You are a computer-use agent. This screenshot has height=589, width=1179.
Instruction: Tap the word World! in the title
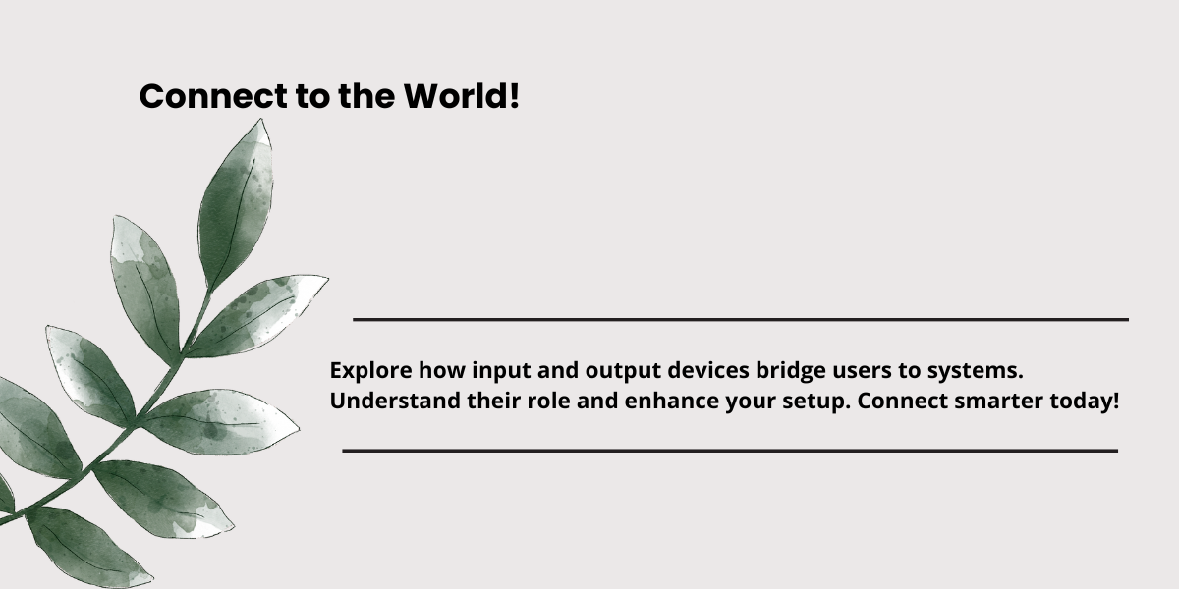coord(462,96)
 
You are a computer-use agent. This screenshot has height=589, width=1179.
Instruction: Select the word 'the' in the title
coord(366,96)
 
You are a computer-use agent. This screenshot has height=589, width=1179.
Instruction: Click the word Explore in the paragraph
coord(371,371)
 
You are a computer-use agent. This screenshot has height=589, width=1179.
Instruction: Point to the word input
coord(501,371)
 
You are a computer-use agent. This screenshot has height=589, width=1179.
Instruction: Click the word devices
coord(708,370)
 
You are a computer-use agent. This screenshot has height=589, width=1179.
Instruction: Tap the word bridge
coord(791,371)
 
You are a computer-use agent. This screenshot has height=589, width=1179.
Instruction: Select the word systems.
coord(976,371)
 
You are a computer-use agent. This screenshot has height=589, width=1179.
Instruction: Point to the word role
coord(548,401)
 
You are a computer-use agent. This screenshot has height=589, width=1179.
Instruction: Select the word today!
coord(1085,402)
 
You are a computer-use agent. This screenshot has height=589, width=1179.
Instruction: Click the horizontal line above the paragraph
coord(741,319)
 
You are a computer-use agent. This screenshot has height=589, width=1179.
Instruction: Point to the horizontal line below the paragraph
coord(730,451)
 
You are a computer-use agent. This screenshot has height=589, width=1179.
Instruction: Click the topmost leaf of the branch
coord(237,202)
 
